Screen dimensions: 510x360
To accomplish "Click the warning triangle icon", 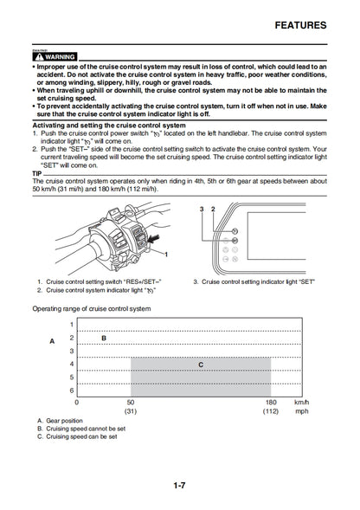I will (37, 55).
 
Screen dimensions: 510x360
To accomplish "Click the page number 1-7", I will (179, 484).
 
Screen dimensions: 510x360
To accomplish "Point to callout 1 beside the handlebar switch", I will (166, 254).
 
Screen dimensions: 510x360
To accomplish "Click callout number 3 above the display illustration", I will (201, 210).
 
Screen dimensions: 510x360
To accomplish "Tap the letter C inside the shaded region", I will (201, 365).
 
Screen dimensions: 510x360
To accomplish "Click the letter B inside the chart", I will (104, 337).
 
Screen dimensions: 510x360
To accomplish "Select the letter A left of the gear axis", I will (52, 341).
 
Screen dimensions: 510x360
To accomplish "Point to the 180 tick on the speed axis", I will (272, 403).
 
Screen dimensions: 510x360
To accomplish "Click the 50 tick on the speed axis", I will (131, 403).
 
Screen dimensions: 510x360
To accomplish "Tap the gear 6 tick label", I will (72, 391).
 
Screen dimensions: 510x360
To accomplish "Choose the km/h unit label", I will (300, 403).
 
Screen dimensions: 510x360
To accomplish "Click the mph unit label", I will (301, 412).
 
